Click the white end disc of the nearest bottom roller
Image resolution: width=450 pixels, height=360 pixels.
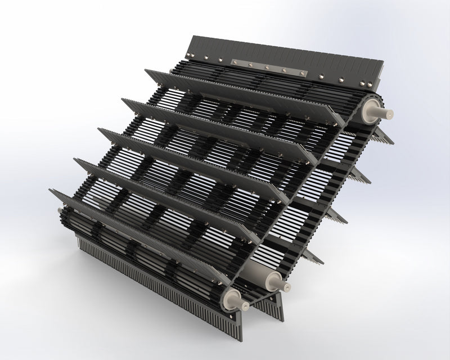pyautogui.click(x=232, y=299)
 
